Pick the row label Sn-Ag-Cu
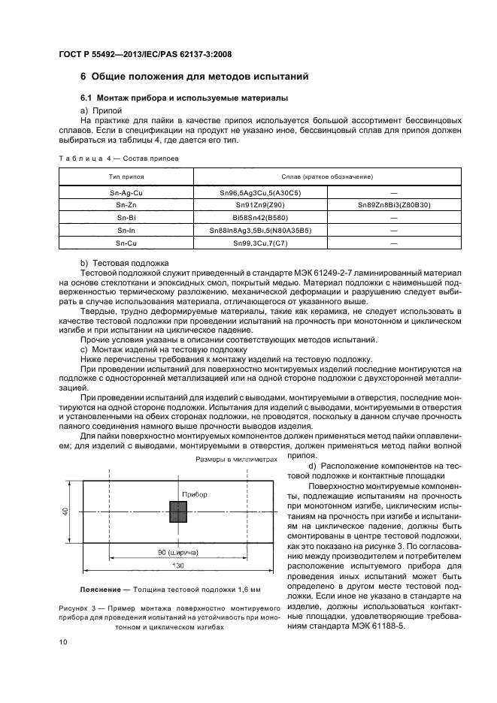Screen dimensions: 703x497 (126, 192)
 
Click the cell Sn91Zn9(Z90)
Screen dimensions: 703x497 (260, 204)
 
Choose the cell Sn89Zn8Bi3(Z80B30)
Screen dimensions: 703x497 (394, 204)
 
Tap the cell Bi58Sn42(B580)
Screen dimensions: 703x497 (260, 217)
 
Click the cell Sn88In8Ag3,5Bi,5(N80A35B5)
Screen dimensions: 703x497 (260, 230)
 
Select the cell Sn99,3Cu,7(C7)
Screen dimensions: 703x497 (260, 243)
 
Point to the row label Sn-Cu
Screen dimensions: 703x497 (126, 243)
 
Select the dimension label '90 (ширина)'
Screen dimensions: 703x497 (178, 552)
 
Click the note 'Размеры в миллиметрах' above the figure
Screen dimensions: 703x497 (236, 459)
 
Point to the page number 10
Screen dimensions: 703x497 (64, 641)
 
